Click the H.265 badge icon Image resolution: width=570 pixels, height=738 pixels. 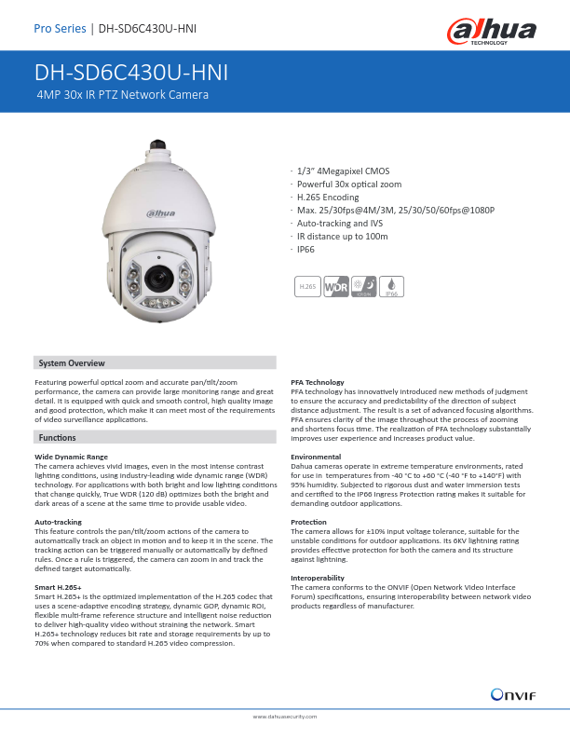pos(305,287)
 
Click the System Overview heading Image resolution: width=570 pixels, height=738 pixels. pos(71,362)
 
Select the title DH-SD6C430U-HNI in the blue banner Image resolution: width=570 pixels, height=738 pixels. pos(131,73)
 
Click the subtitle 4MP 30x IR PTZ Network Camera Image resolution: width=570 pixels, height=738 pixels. pos(122,95)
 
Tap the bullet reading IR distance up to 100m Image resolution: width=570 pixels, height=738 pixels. pos(341,237)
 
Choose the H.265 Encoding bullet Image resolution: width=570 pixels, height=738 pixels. pos(328,198)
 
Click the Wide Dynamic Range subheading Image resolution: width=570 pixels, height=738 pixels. pos(71,457)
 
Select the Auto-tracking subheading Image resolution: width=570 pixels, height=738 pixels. pos(58,523)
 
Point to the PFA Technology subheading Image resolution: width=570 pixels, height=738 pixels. pos(318,382)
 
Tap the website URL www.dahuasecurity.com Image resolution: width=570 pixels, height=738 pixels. pos(285,716)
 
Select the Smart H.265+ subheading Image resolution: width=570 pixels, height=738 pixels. pos(58,589)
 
